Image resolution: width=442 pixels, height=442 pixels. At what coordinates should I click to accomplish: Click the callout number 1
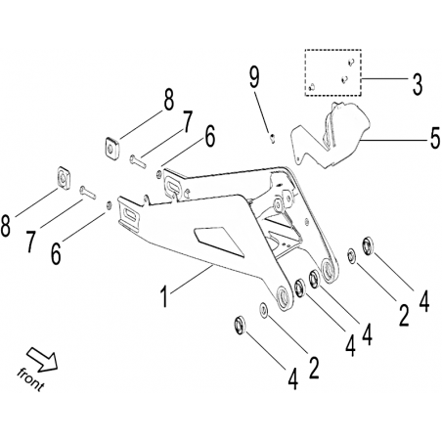(165, 295)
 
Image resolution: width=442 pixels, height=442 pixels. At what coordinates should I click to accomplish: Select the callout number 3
(418, 84)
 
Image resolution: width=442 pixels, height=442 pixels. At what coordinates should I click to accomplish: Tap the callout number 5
(434, 138)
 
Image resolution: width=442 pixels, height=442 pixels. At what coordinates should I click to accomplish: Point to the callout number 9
(254, 76)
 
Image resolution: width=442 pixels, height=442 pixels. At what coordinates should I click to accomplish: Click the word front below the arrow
(30, 379)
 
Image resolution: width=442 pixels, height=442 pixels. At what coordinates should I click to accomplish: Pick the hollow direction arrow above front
(42, 359)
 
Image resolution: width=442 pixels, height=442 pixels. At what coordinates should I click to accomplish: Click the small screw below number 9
(273, 138)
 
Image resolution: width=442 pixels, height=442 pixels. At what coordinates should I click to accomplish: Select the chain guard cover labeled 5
(331, 136)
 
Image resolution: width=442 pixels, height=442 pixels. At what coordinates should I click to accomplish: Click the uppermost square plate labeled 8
(111, 149)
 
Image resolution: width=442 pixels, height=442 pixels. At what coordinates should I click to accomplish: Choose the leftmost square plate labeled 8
(64, 178)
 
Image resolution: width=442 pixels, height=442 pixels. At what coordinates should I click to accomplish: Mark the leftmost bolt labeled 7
(88, 192)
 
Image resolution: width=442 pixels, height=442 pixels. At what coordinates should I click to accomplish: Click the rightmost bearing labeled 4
(369, 246)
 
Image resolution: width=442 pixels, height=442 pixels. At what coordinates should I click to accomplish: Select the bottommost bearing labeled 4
(240, 325)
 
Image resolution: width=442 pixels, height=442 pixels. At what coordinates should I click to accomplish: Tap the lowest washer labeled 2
(264, 309)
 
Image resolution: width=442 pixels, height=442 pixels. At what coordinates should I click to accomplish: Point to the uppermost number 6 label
(209, 137)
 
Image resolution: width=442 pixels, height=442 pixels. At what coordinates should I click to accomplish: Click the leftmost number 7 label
(30, 242)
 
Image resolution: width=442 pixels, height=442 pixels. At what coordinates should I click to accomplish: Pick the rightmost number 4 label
(423, 301)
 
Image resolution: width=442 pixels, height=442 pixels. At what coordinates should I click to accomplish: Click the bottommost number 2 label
(314, 368)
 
